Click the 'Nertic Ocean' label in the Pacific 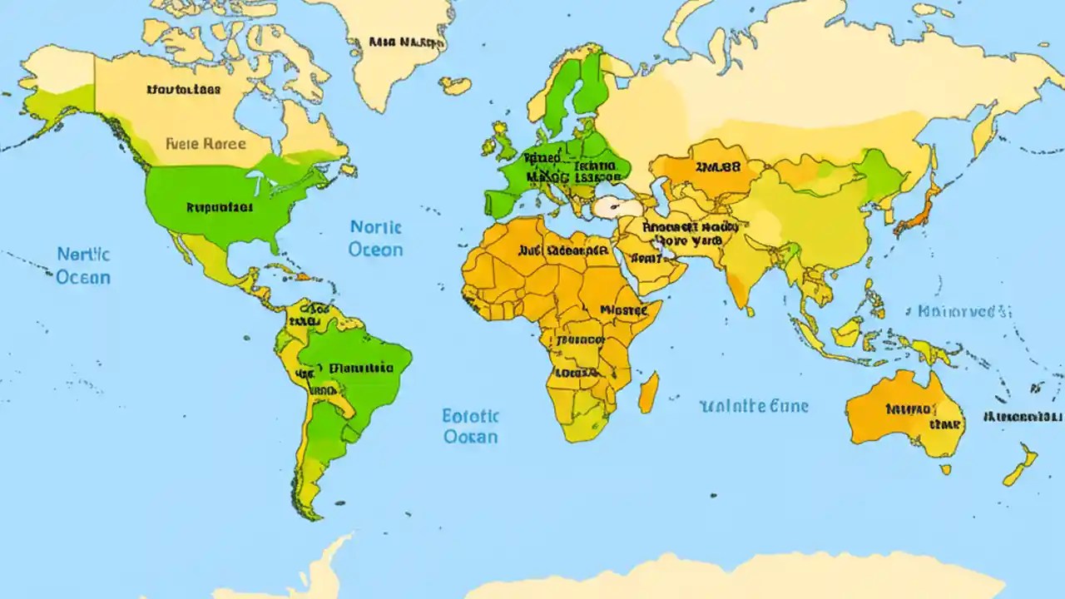click(x=83, y=265)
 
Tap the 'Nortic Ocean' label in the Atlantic click(x=375, y=238)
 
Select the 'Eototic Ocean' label click(x=470, y=426)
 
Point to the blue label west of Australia click(x=754, y=406)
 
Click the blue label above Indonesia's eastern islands click(x=964, y=312)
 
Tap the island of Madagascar click(x=649, y=392)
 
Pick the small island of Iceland click(x=455, y=85)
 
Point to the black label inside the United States click(x=219, y=207)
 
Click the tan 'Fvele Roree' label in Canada click(x=206, y=143)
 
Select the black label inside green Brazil click(x=361, y=367)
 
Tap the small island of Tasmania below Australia click(x=946, y=469)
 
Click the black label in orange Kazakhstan click(x=717, y=166)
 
